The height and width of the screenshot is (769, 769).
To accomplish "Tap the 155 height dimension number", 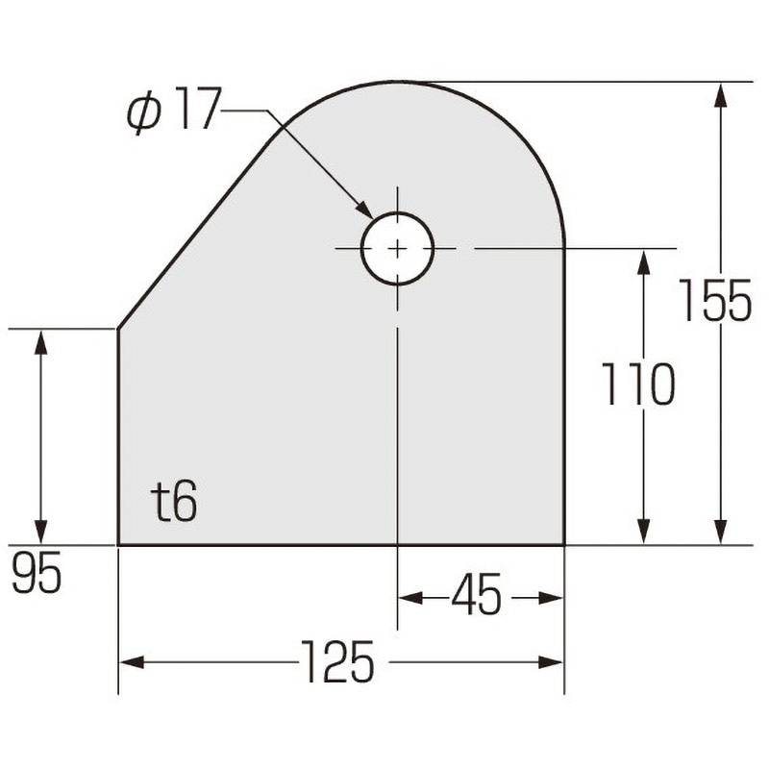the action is coord(715,300).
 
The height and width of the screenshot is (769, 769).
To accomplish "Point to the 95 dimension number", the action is coord(37,571).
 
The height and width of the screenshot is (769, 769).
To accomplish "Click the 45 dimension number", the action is coord(477,594).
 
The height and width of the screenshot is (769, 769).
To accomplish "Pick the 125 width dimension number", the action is coord(338,661).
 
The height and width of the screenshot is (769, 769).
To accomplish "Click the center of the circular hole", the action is coord(398,249).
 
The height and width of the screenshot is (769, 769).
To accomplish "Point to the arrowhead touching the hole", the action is coord(364,210).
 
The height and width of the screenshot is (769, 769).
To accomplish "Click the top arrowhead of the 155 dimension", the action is coord(720,94).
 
